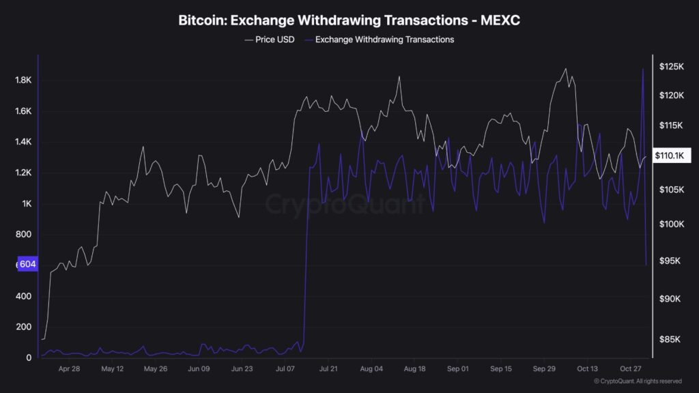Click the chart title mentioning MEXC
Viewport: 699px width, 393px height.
click(349, 20)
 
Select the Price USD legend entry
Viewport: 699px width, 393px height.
click(270, 40)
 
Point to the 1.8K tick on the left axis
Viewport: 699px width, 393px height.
click(23, 81)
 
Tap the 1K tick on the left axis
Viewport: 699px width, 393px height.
click(27, 204)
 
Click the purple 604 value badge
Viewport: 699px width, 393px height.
click(27, 265)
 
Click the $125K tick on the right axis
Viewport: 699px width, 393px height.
click(672, 66)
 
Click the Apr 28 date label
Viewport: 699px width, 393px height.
click(69, 369)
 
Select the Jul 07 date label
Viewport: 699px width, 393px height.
click(285, 369)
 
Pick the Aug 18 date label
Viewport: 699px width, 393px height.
click(415, 369)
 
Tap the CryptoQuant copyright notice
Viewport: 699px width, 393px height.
click(638, 381)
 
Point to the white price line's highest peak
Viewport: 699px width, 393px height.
click(565, 69)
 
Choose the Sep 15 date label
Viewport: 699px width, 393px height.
click(500, 369)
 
